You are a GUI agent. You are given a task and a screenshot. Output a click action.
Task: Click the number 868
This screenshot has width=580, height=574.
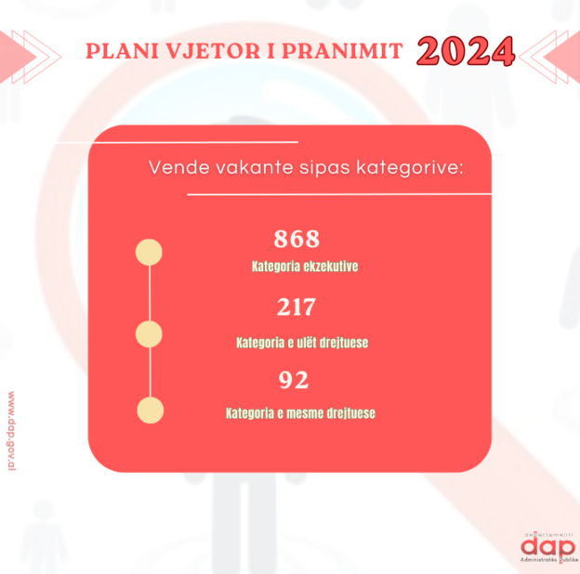pyautogui.click(x=297, y=239)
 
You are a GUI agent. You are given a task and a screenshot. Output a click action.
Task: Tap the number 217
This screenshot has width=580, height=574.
pyautogui.click(x=297, y=307)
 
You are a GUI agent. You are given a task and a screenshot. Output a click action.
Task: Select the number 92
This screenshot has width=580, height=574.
pyautogui.click(x=294, y=380)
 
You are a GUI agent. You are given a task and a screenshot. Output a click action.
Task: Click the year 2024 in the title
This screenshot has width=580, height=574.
pyautogui.click(x=466, y=51)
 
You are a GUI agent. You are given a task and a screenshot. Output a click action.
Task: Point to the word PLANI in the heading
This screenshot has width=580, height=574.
pyautogui.click(x=122, y=51)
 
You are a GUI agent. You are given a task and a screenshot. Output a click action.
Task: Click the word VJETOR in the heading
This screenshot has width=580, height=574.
pyautogui.click(x=213, y=51)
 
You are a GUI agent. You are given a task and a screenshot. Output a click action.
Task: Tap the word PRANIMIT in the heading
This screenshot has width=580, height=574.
pyautogui.click(x=342, y=51)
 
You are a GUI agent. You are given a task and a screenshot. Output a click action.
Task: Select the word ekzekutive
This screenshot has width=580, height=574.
pyautogui.click(x=331, y=267)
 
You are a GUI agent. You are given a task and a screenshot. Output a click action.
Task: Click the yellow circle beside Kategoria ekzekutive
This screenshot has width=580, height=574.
pyautogui.click(x=149, y=252)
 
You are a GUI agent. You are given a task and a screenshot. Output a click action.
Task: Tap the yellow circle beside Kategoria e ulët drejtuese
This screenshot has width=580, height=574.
pyautogui.click(x=149, y=334)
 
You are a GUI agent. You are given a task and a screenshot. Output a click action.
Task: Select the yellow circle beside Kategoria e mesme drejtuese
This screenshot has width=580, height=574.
pyautogui.click(x=151, y=411)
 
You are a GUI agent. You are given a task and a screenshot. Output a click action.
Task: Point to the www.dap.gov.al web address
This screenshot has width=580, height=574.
pyautogui.click(x=11, y=431)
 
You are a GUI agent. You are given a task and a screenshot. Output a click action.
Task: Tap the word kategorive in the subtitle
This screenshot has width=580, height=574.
pyautogui.click(x=410, y=168)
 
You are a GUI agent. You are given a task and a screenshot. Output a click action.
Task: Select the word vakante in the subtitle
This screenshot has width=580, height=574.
pyautogui.click(x=255, y=167)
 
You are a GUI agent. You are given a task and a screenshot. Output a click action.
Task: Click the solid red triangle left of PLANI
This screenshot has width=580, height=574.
pyautogui.click(x=18, y=57)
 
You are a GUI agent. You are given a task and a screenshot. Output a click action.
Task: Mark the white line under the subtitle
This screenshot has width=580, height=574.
pyautogui.click(x=339, y=194)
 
